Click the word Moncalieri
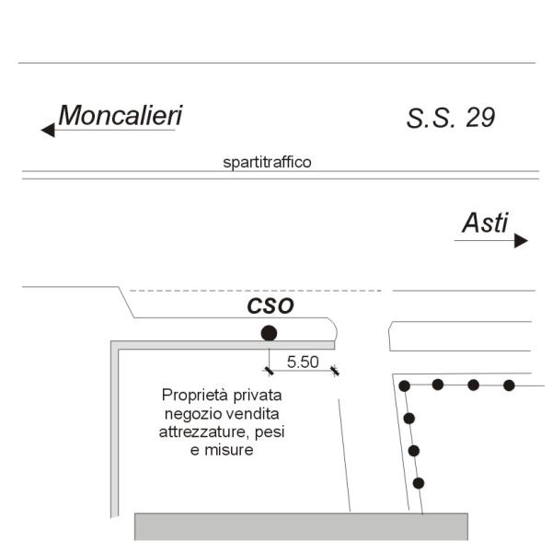121,115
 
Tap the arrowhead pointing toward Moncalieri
48,130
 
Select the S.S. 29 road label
451,118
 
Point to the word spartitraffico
267,162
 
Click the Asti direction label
485,223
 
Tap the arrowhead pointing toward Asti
521,240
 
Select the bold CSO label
270,306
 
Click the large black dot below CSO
269,333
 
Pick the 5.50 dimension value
303,362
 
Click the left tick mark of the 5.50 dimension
269,371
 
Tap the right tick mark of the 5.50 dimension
335,371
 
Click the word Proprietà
194,396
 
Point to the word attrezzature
204,432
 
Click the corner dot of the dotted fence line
405,385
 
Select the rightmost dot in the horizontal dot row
509,385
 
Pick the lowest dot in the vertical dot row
419,483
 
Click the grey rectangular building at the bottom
302,526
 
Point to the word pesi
270,432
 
